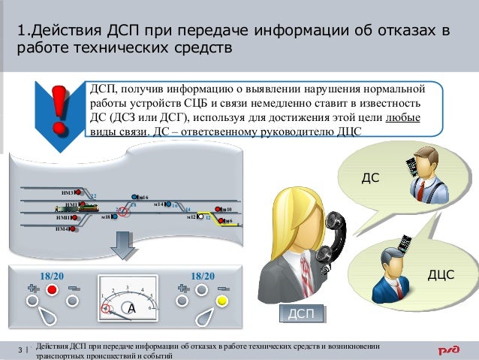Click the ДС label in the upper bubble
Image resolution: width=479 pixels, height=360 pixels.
tap(369, 179)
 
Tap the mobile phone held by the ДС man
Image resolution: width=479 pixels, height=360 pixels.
tap(411, 167)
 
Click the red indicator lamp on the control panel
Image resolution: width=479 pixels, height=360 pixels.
tap(53, 289)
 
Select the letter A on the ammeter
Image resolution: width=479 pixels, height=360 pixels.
tap(131, 309)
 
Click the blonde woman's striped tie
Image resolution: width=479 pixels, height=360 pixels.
tap(307, 272)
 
